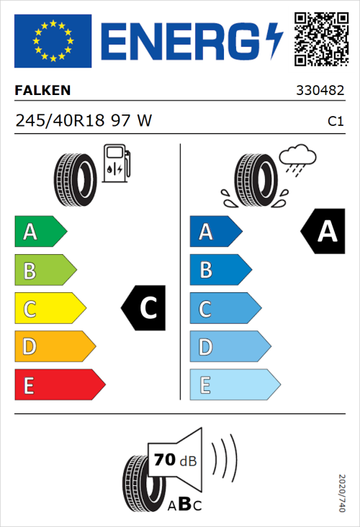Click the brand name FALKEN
click(x=43, y=91)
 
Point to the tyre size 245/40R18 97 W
click(x=83, y=121)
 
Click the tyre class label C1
click(x=335, y=122)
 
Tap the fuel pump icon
click(x=116, y=163)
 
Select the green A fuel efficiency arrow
click(x=40, y=232)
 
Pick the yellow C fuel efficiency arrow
click(x=49, y=309)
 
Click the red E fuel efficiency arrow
click(x=59, y=385)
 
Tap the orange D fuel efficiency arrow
click(x=54, y=347)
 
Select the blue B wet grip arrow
click(x=220, y=271)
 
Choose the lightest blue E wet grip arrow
click(x=234, y=385)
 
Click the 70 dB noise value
click(x=174, y=459)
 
